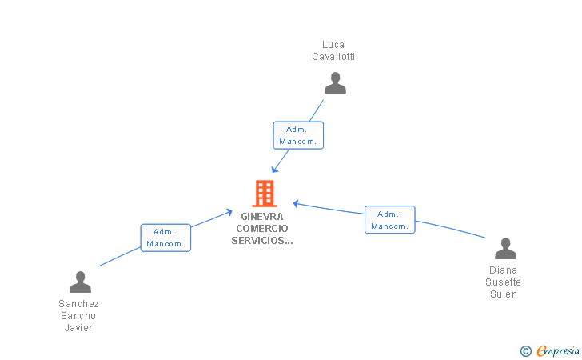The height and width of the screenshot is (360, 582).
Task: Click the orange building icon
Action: coord(265,193)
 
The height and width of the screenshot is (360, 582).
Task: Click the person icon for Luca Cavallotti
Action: coord(335,83)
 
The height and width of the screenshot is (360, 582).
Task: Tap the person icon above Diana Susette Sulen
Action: coord(505,248)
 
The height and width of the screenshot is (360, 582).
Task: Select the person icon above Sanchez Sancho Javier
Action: coord(80,282)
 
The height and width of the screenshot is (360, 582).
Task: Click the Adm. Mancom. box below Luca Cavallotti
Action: coord(298,135)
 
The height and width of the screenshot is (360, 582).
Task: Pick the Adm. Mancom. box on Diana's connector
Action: coord(390,219)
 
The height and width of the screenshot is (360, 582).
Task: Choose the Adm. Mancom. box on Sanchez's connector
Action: coord(165,238)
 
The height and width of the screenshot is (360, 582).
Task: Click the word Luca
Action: coord(333,45)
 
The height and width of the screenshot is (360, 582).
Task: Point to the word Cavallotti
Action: coord(333,57)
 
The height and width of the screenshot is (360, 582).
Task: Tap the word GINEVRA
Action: coord(262,216)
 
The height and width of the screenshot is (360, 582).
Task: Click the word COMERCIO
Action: coord(262,228)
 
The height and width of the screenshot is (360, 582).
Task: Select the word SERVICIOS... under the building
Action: coord(262,240)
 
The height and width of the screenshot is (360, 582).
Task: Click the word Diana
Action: coord(504,270)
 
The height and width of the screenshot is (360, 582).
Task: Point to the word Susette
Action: coord(504,282)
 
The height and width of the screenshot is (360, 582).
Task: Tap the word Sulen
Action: coord(504,294)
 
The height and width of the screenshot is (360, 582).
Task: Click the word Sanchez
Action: coord(78,303)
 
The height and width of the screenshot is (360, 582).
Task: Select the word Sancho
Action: coord(78,316)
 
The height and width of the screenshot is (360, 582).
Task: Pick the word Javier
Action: coord(78,328)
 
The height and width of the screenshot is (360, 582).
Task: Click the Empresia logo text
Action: coord(558,350)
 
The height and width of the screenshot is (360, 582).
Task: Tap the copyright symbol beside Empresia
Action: coord(526,351)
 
